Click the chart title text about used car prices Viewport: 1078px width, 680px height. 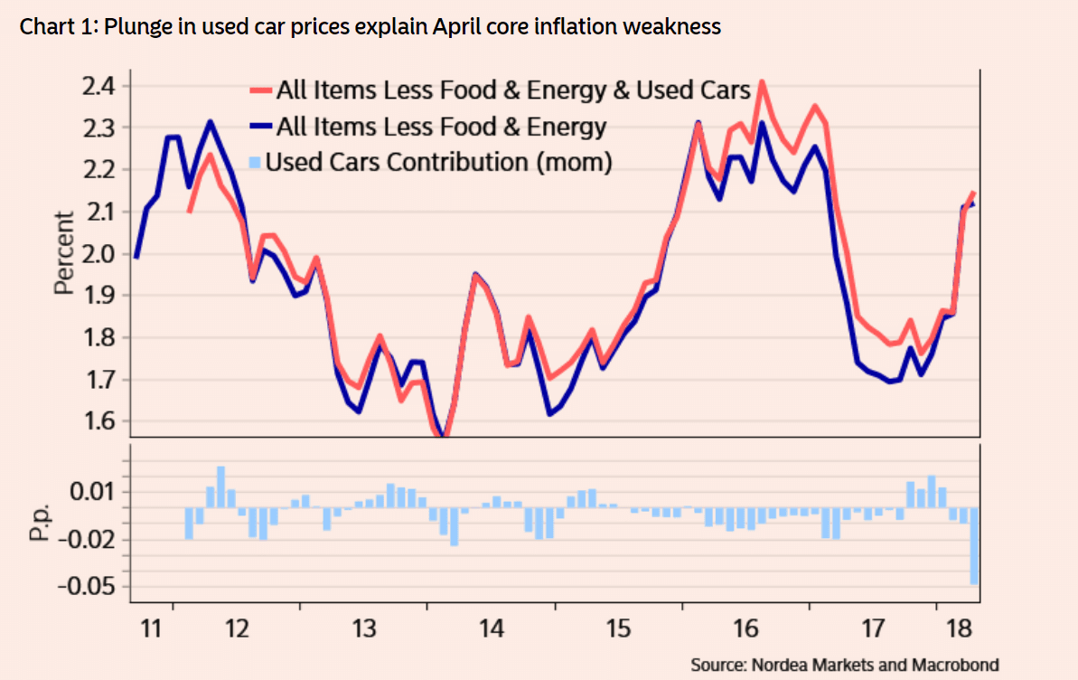[370, 26]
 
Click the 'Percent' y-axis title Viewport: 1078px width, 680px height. [63, 253]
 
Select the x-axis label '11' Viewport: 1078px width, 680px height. [153, 628]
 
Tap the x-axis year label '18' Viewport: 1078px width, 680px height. [957, 628]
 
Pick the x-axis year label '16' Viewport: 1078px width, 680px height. [745, 628]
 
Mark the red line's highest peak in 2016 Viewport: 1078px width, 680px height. [762, 82]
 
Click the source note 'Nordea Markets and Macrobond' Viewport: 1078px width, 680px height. [845, 665]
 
